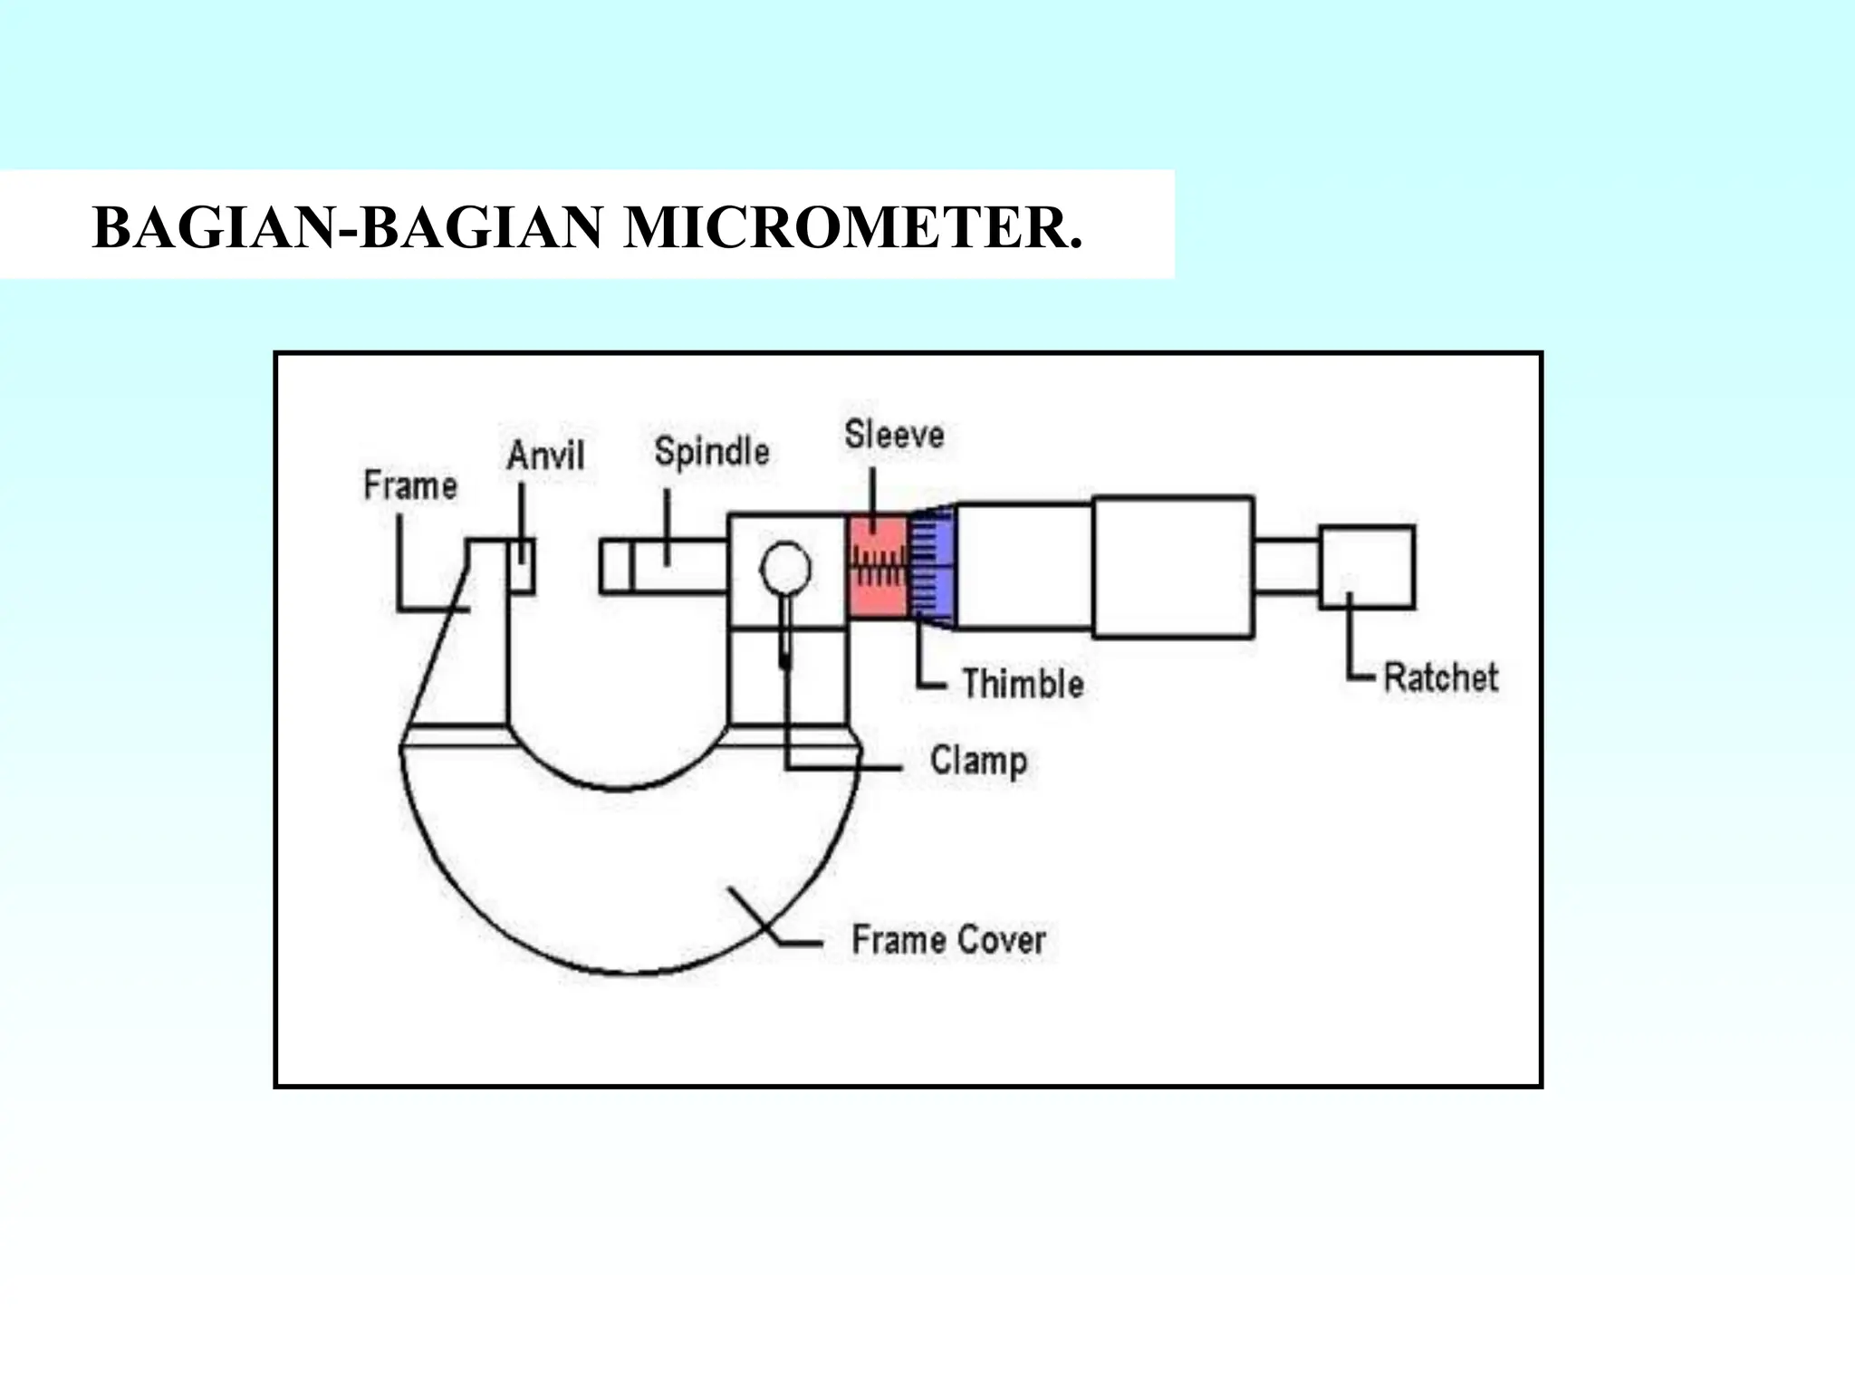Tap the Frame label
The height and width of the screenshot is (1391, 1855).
point(410,485)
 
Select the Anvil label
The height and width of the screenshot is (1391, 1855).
point(545,455)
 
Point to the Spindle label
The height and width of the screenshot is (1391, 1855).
point(712,451)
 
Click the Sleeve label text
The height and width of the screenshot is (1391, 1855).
point(894,435)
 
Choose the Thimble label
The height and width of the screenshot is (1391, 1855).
point(1023,684)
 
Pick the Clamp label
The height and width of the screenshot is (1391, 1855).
point(978,761)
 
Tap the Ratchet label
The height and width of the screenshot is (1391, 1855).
point(1441,677)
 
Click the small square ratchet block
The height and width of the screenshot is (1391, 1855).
point(1367,567)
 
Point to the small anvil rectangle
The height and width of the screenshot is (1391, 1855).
point(523,566)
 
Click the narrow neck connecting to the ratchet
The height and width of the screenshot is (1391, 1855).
point(1286,567)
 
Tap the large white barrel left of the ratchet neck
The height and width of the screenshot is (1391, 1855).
point(1173,567)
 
